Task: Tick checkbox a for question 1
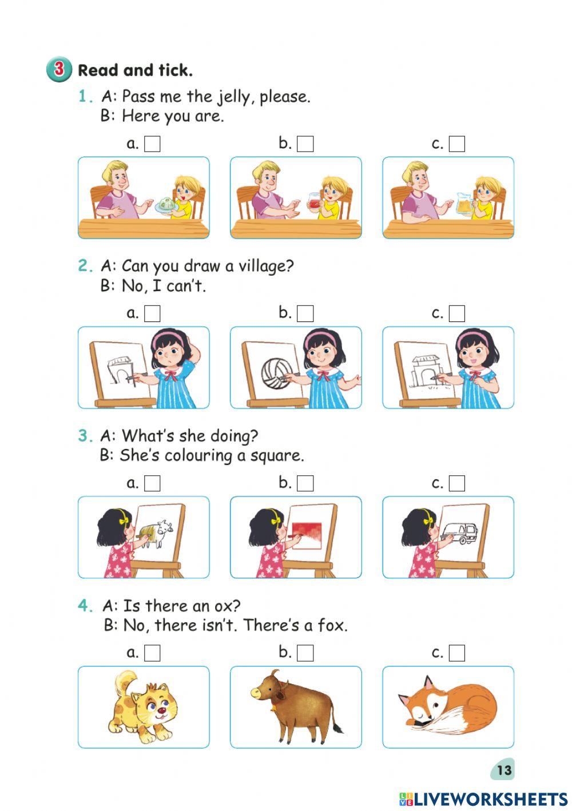[x=152, y=144]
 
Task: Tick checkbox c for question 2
[x=457, y=313]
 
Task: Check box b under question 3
[x=305, y=483]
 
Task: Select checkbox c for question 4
[x=457, y=653]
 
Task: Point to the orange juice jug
[x=464, y=205]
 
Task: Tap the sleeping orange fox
[x=447, y=707]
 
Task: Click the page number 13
[x=504, y=770]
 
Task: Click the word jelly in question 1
[x=233, y=97]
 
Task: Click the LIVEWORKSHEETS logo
[x=483, y=799]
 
